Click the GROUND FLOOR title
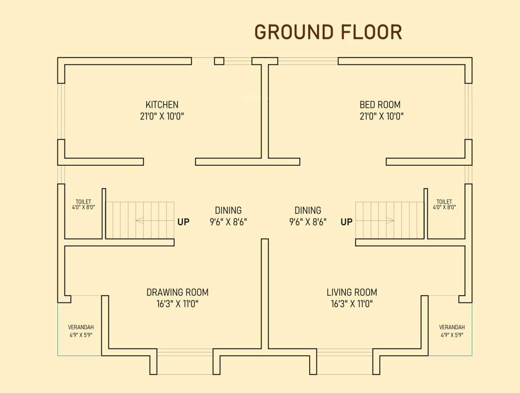click(328, 32)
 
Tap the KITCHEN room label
click(162, 104)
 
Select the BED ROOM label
click(380, 104)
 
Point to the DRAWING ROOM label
click(177, 292)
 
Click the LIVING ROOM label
click(352, 292)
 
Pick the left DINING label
click(228, 210)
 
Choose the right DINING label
click(308, 210)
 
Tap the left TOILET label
click(83, 202)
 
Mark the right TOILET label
click(444, 202)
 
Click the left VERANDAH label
click(81, 327)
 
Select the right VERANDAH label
click(452, 327)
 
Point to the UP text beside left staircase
click(183, 222)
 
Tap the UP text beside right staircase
click(346, 222)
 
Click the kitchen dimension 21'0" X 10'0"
click(162, 116)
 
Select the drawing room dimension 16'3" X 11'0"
click(177, 304)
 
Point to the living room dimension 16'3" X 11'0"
click(352, 304)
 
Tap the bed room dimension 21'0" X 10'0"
click(381, 116)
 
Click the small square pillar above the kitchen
click(219, 61)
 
